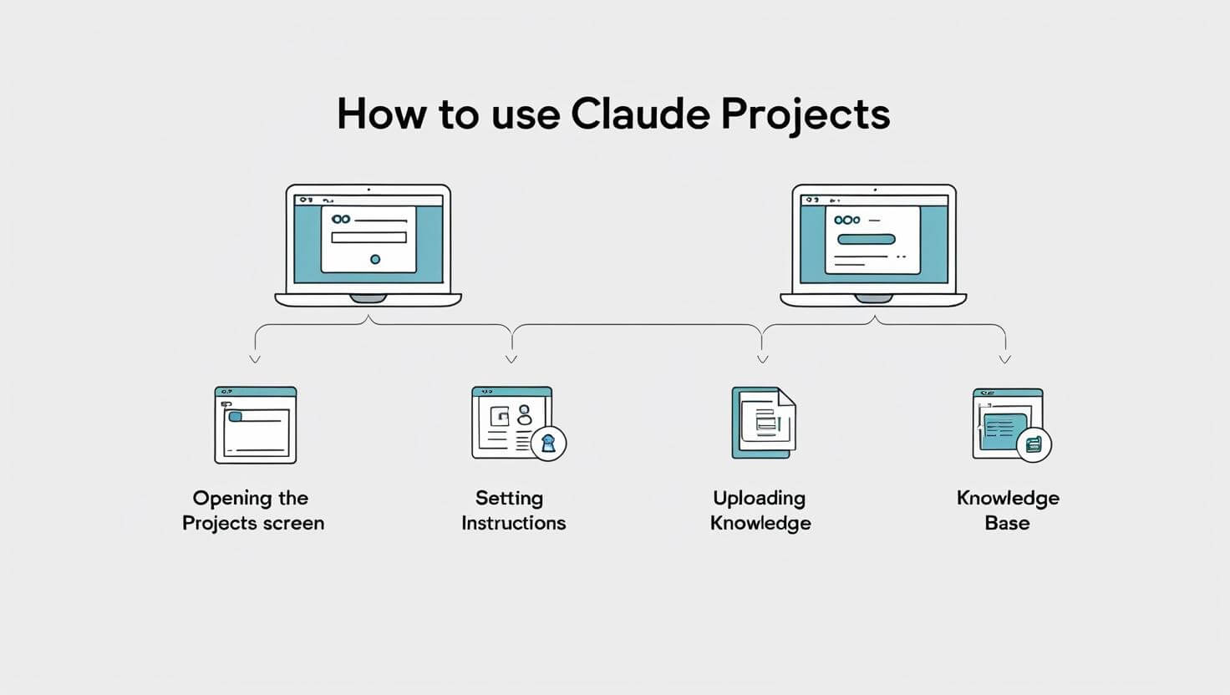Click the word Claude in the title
click(x=640, y=114)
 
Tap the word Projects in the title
click(x=806, y=116)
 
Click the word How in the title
click(x=382, y=114)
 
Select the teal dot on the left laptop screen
click(x=375, y=259)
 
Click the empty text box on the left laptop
click(x=369, y=237)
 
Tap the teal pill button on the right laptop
click(x=866, y=240)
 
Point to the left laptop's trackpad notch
click(x=368, y=299)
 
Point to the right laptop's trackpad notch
click(x=874, y=299)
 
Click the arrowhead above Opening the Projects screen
click(x=255, y=359)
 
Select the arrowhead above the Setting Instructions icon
click(x=511, y=359)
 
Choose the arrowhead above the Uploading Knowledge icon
click(x=762, y=359)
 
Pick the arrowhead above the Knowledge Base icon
click(x=1005, y=359)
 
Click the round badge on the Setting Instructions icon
click(x=548, y=443)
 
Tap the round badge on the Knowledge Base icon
click(x=1034, y=444)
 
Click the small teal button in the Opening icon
click(x=235, y=417)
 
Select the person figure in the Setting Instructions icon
click(x=525, y=415)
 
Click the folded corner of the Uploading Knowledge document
click(x=787, y=397)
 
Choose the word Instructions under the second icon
click(x=513, y=523)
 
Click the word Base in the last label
click(x=1007, y=523)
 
